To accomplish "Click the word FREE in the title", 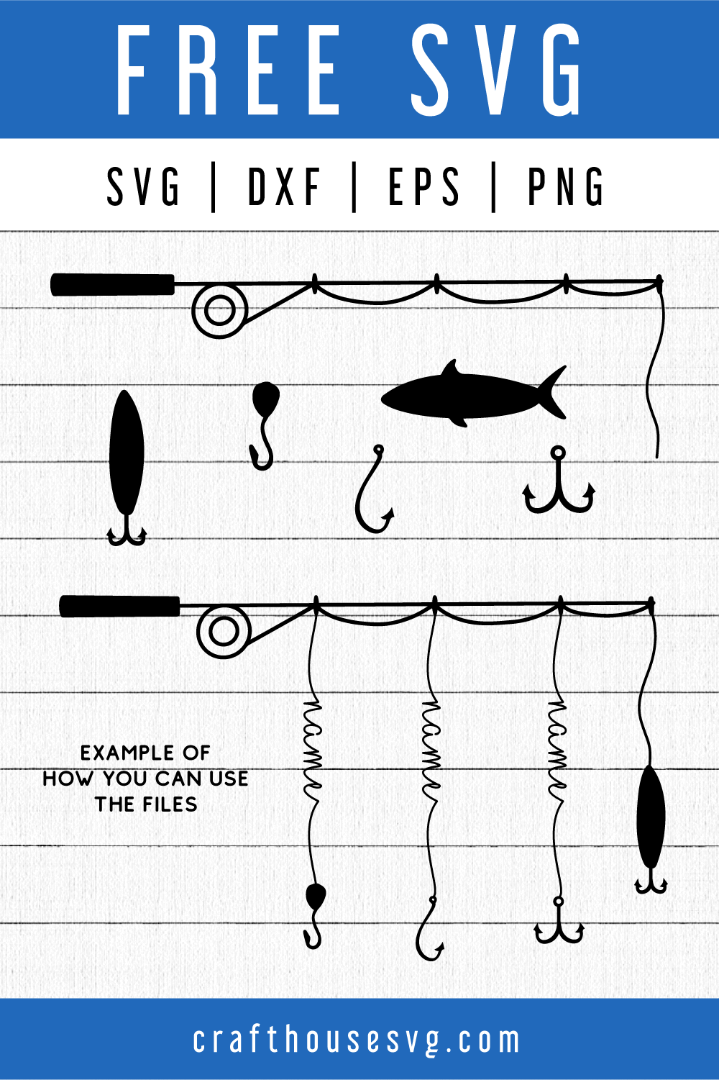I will pos(229,71).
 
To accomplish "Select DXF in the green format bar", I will pos(284,186).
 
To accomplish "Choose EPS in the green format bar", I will pos(423,186).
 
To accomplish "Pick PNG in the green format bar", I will pos(566,186).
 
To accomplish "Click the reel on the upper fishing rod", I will pos(220,310).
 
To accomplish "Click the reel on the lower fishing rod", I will pos(224,632).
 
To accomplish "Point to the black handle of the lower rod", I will pos(119,606).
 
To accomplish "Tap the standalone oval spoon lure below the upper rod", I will pos(127,453).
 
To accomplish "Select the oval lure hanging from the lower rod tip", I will pos(651,817).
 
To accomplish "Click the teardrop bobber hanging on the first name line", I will pos(315,897).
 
